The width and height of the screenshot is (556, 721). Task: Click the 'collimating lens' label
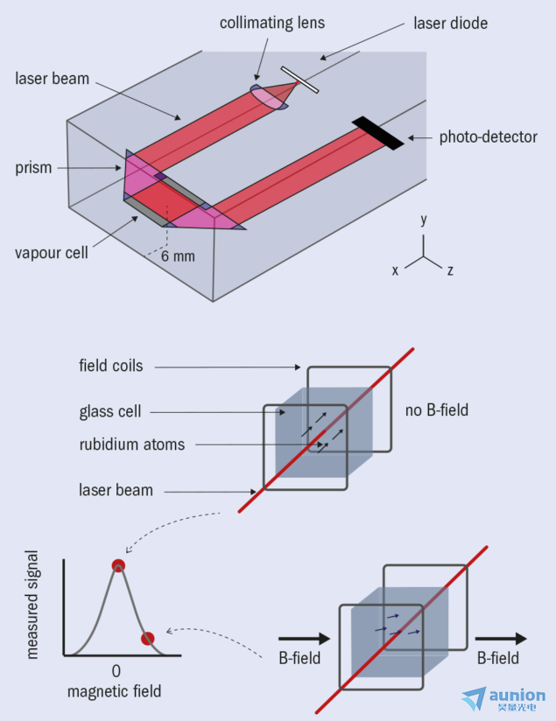(272, 23)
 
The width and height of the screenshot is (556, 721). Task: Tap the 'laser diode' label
(450, 23)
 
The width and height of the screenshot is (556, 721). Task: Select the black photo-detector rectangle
(378, 133)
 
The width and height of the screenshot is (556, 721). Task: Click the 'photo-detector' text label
(488, 137)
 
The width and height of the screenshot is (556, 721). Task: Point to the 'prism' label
(33, 168)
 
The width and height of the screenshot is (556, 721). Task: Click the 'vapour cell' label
(51, 253)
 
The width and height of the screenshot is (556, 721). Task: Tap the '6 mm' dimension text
(178, 256)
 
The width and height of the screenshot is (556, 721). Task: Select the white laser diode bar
(299, 80)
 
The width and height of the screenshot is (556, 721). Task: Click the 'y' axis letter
(424, 220)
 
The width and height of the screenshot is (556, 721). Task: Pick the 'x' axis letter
(395, 270)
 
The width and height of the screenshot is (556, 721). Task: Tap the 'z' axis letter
(450, 270)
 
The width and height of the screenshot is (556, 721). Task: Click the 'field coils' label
(111, 366)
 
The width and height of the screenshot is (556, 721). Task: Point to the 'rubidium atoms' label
(132, 444)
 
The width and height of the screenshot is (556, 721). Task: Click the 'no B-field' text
(436, 409)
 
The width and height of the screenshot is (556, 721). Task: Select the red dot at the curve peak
(118, 565)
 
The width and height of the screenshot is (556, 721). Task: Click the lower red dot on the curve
(147, 639)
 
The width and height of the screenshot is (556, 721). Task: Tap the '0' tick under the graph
(116, 671)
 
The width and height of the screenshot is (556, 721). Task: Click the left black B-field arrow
(304, 638)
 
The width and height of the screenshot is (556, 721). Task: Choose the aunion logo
(503, 699)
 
